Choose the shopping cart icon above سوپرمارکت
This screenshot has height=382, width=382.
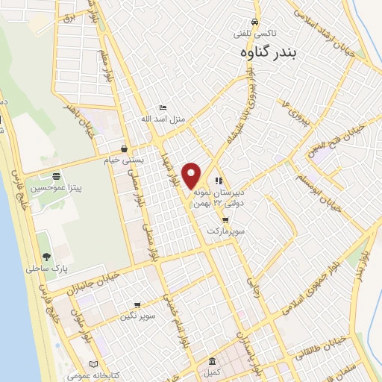[225, 220]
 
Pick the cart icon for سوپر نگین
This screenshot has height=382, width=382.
[137, 304]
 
